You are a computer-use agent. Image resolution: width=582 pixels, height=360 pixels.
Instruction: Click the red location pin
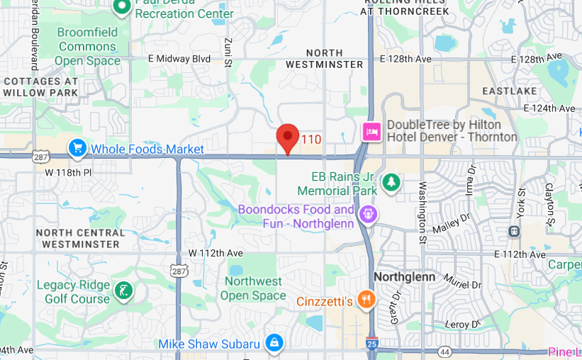tap(287, 137)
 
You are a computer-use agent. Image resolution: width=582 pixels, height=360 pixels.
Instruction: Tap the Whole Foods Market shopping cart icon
tap(77, 148)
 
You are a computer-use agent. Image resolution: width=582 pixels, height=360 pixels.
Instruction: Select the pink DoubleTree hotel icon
tap(372, 131)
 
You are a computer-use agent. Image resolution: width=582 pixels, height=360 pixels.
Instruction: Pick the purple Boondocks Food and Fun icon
tap(368, 213)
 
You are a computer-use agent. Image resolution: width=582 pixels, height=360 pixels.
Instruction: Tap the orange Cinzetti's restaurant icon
tap(366, 300)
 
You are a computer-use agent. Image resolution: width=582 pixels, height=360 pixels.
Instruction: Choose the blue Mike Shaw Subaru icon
tap(273, 344)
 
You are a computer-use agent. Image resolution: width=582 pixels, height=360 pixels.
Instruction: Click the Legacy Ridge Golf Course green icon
tap(123, 290)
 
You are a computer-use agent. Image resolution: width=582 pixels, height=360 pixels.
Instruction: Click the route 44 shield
tap(444, 351)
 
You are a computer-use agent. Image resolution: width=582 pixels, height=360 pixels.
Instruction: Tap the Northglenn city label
tap(404, 276)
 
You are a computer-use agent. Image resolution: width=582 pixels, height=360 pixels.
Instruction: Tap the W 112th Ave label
tap(216, 253)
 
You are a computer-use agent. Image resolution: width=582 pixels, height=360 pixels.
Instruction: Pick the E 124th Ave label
tap(549, 108)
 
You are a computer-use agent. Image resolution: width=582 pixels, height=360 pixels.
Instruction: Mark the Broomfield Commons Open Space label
tap(88, 47)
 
